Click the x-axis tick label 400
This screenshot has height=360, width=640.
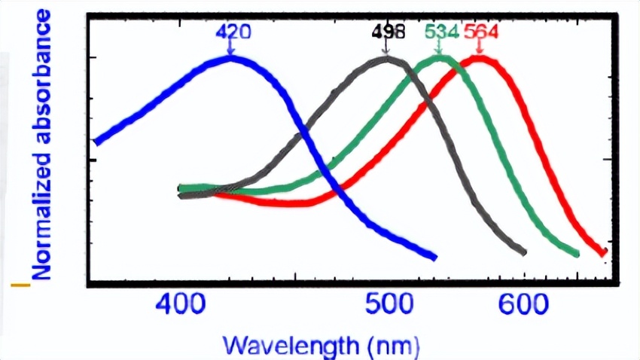[181, 305]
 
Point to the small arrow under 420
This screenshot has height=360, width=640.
[231, 48]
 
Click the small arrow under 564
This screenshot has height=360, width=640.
[479, 48]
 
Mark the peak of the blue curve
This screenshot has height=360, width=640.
[230, 58]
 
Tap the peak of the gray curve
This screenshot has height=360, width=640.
[388, 59]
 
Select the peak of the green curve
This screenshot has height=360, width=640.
[439, 59]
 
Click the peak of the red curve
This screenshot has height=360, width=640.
[479, 59]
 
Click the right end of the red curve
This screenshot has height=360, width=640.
[603, 252]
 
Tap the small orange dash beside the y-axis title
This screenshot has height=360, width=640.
[20, 285]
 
